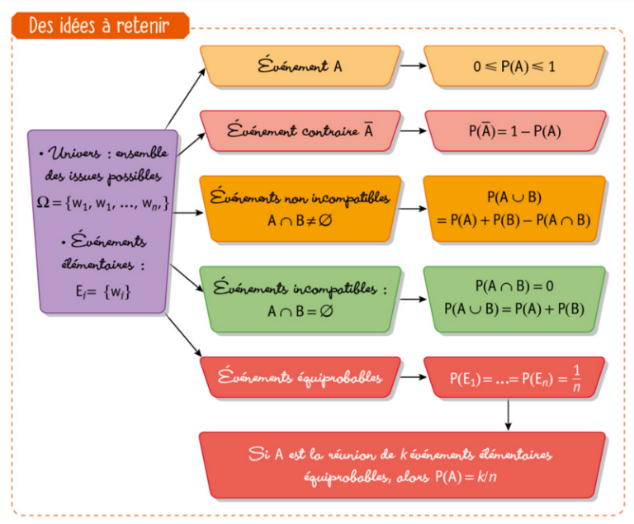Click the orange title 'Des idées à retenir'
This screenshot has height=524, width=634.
99,26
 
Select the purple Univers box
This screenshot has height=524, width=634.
103,220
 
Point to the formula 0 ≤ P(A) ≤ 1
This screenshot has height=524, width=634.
514,64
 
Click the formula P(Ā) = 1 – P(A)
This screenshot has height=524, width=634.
514,131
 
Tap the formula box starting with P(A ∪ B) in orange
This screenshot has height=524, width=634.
514,209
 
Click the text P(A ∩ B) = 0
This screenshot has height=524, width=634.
514,286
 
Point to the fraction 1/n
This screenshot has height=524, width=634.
576,378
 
